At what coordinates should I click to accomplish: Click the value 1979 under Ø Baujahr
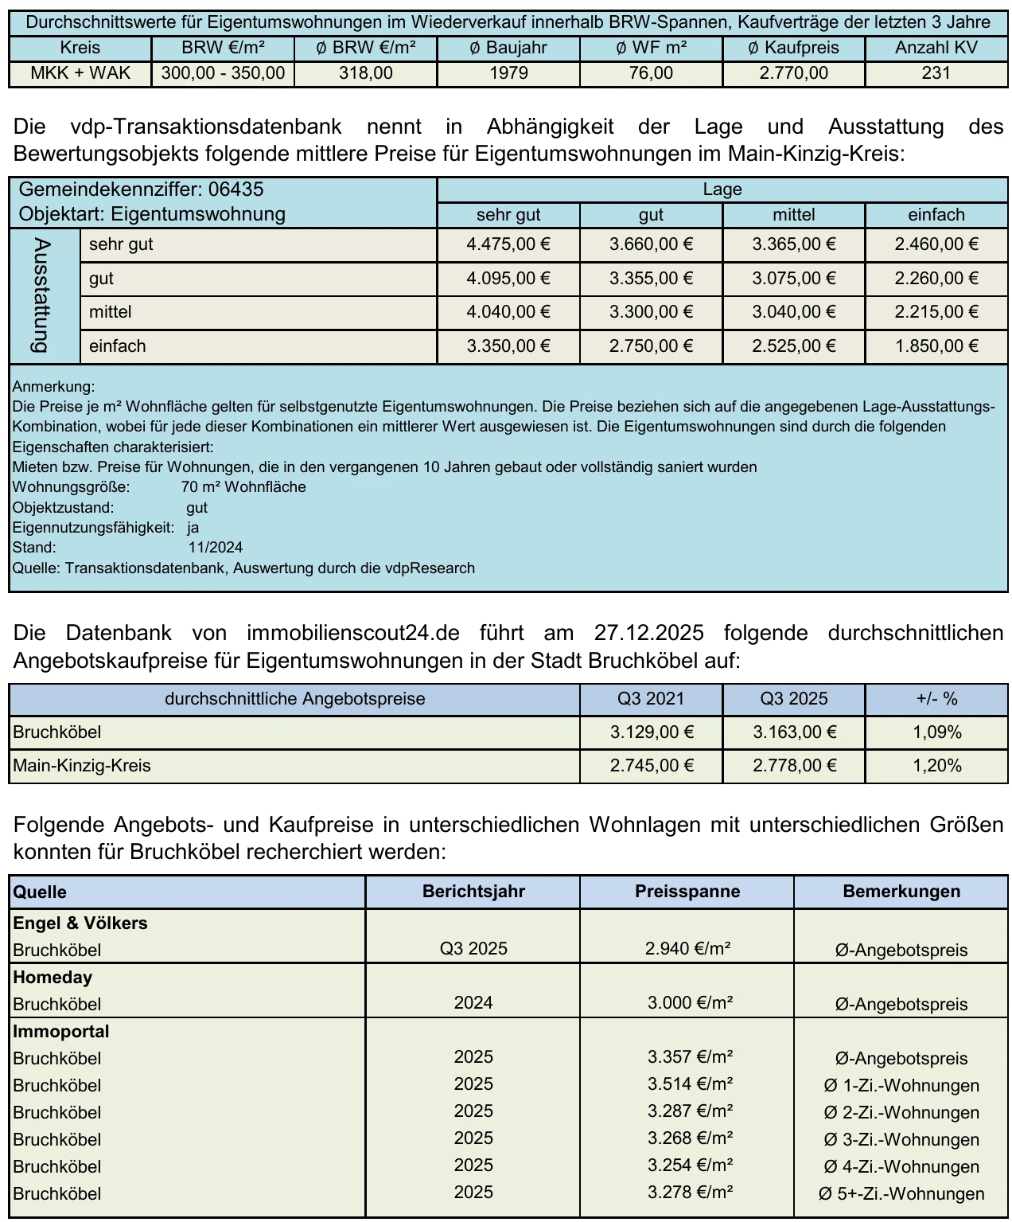pyautogui.click(x=508, y=73)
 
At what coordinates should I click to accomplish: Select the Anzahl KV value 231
pyautogui.click(x=936, y=73)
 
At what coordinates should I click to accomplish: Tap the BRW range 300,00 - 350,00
pyautogui.click(x=223, y=73)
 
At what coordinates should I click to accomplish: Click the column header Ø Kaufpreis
pyautogui.click(x=793, y=48)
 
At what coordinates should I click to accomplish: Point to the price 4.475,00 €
pyautogui.click(x=508, y=244)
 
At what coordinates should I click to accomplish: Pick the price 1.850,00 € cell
pyautogui.click(x=936, y=346)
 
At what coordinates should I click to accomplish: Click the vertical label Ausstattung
pyautogui.click(x=42, y=295)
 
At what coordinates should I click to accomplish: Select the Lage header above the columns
pyautogui.click(x=722, y=189)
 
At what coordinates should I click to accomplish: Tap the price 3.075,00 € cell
pyautogui.click(x=794, y=279)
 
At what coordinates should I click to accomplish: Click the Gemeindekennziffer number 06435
pyautogui.click(x=235, y=189)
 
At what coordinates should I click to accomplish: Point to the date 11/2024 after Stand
pyautogui.click(x=216, y=548)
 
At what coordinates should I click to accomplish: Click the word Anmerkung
pyautogui.click(x=53, y=387)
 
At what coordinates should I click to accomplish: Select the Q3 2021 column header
pyautogui.click(x=651, y=699)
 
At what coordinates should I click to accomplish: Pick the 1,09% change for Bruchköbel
pyautogui.click(x=936, y=732)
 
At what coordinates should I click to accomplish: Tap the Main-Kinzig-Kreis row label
pyautogui.click(x=82, y=766)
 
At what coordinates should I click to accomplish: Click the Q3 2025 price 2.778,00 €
pyautogui.click(x=794, y=766)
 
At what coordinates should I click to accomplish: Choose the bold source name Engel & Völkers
pyautogui.click(x=80, y=923)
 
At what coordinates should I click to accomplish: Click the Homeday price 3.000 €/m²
pyautogui.click(x=690, y=1003)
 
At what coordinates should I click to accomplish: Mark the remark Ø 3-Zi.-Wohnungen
pyautogui.click(x=901, y=1140)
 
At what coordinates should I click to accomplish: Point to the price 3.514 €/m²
pyautogui.click(x=690, y=1084)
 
